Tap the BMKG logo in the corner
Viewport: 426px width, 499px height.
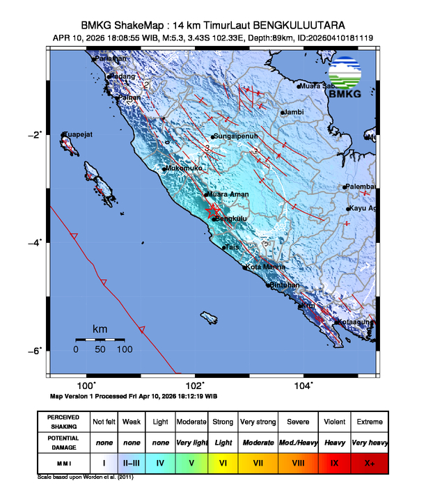point(346,78)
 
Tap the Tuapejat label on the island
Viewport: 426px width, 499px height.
point(78,134)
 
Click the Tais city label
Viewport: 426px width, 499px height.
point(232,246)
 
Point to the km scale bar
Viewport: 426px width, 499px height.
point(100,339)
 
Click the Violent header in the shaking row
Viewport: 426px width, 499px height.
point(334,422)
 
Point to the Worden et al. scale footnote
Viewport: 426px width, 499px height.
point(85,478)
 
